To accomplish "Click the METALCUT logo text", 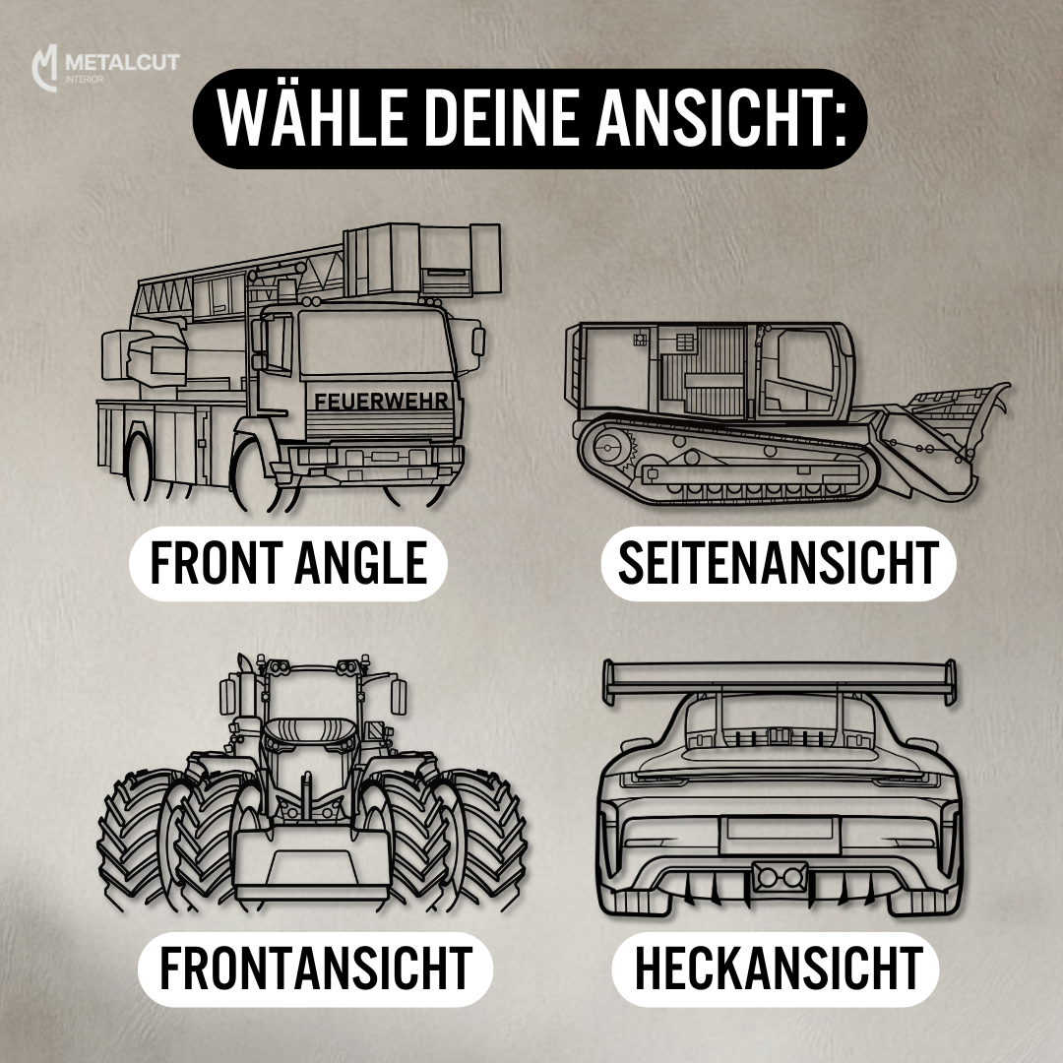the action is pos(122,62).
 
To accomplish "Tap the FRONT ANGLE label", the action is pos(288,563).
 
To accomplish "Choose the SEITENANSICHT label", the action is pos(779,563).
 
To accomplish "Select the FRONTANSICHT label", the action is pos(315,969).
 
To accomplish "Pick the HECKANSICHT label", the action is pos(779,969).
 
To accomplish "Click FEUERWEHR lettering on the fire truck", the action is pos(381,401).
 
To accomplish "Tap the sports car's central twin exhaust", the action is pos(780,877).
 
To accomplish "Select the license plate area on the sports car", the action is pos(780,835).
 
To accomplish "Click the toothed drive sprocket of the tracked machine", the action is pos(612,447).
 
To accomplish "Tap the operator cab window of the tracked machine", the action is pos(805,361).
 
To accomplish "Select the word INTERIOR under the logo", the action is pos(84,80).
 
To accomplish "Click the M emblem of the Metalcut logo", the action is pos(44,68).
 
